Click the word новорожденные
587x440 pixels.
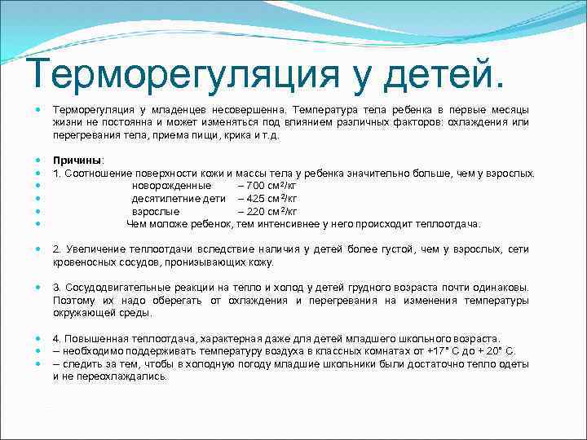click(x=171, y=186)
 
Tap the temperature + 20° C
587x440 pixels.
click(x=497, y=351)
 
